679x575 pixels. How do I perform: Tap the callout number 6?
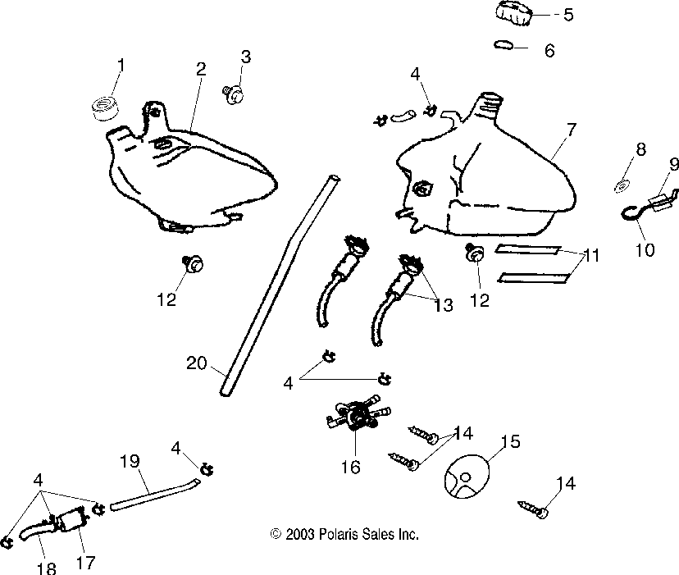tap(549, 51)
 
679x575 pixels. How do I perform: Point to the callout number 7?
tap(571, 129)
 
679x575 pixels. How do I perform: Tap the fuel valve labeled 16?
tap(354, 417)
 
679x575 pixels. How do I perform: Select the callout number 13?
tap(443, 305)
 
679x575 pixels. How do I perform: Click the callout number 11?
tap(591, 256)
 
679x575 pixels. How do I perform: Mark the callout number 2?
tap(201, 70)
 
